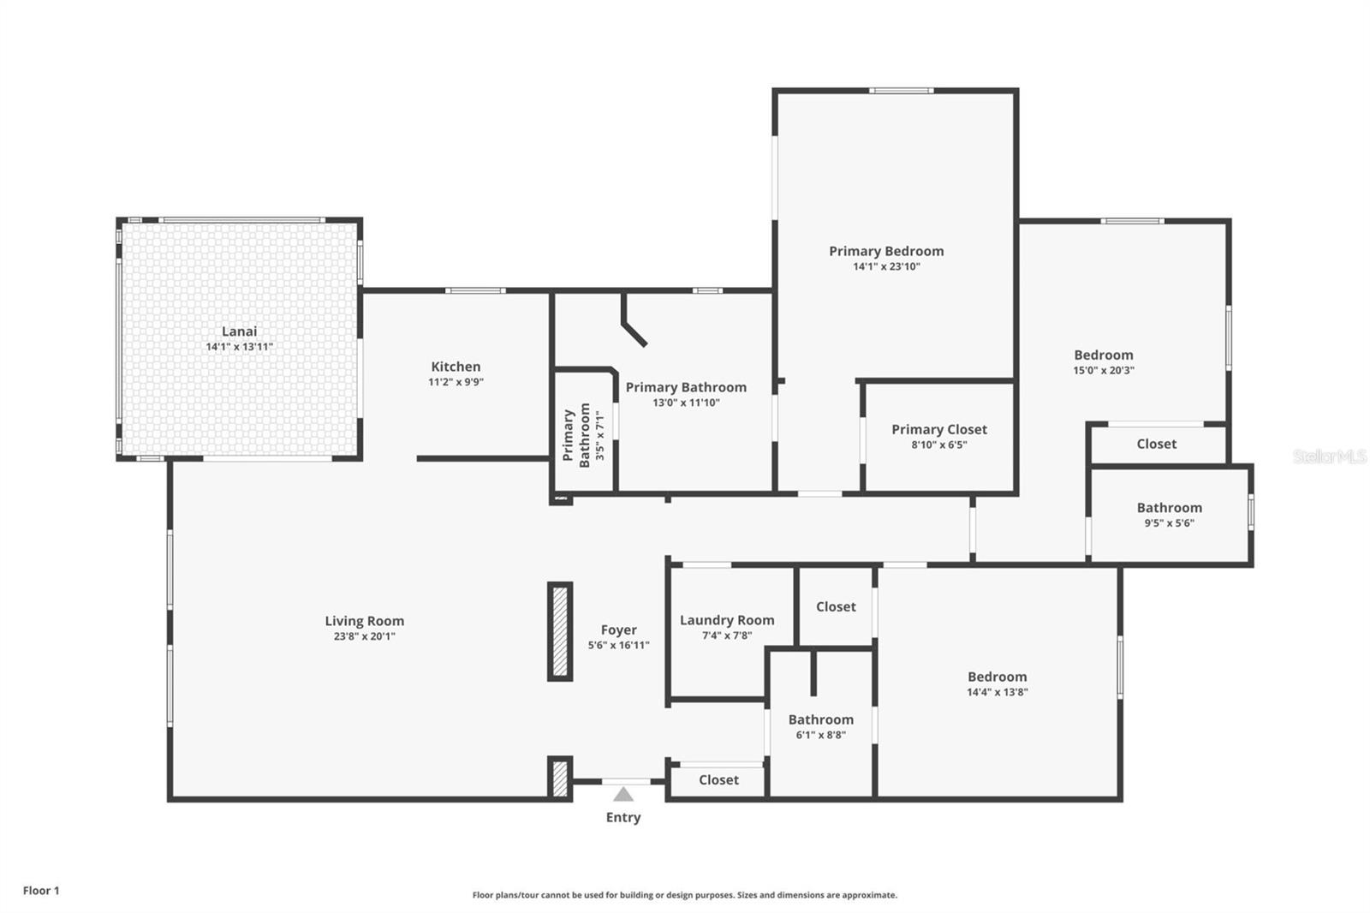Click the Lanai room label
[x=239, y=331]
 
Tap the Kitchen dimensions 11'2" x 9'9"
[x=456, y=382]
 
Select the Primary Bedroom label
[x=886, y=251]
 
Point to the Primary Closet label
[x=939, y=429]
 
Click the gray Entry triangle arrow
[x=623, y=795]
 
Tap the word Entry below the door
[x=623, y=817]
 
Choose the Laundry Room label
[x=727, y=620]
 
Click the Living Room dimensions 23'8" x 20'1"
[x=364, y=636]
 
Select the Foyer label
[x=618, y=630]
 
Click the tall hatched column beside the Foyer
[x=560, y=632]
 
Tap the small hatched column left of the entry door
[x=560, y=779]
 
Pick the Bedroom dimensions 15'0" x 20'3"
[x=1104, y=370]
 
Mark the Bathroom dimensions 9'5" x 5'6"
[x=1169, y=522]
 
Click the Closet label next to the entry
[x=718, y=779]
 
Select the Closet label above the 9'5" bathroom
[x=1156, y=444]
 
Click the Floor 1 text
[x=41, y=891]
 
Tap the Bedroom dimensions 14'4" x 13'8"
[x=997, y=692]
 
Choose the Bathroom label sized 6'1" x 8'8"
[x=820, y=719]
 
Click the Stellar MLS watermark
[x=1329, y=456]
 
